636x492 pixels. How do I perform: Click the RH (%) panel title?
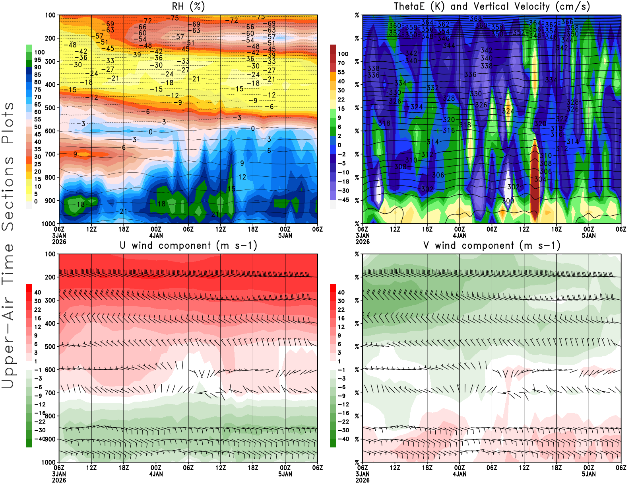coord(188,6)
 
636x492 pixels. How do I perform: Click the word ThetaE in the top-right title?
coord(409,6)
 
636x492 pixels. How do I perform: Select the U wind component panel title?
coord(188,245)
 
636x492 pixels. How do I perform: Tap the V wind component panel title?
coord(492,245)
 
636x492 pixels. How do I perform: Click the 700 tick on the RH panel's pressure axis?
coord(50,154)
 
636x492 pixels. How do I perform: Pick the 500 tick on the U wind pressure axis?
coord(50,346)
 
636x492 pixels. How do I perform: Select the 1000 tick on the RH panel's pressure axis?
coord(49,224)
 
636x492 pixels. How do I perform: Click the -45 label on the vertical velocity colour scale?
coord(343,200)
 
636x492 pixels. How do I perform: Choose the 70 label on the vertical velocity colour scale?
coord(341,63)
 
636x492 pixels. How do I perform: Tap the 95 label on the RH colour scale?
coord(37,60)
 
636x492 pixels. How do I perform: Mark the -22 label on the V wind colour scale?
coord(343,422)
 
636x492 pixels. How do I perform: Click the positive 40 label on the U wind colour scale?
coord(37,293)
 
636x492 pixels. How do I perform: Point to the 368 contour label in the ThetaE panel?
coord(475,18)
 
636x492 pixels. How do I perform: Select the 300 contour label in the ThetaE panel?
coord(508,201)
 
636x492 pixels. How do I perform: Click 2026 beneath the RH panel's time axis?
coord(59,242)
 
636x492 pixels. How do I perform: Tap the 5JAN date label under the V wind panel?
coord(589,474)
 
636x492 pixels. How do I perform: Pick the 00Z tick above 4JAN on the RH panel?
coord(156,229)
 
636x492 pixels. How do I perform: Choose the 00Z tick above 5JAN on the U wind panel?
coord(285,468)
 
